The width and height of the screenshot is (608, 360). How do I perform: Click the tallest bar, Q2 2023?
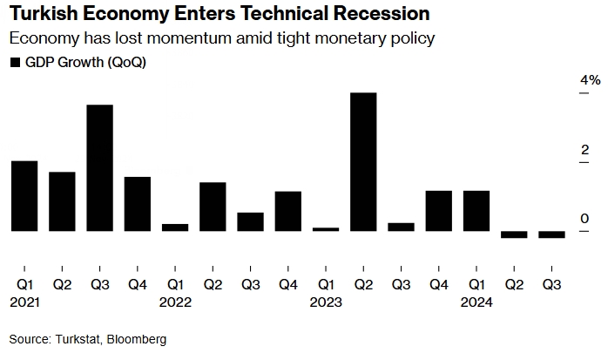click(363, 161)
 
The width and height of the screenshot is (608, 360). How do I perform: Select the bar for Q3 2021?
click(99, 167)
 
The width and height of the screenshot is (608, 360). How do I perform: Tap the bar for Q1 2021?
click(24, 196)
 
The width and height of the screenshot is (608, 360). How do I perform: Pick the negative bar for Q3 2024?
click(551, 234)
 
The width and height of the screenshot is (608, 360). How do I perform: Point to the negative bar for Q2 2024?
click(514, 234)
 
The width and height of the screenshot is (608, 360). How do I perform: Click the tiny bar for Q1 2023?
click(326, 229)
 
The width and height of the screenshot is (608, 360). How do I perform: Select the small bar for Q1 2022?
click(175, 228)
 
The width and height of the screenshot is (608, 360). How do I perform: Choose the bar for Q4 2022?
click(288, 211)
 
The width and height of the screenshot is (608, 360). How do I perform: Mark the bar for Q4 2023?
click(439, 211)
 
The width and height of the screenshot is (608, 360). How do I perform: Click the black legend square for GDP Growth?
click(15, 63)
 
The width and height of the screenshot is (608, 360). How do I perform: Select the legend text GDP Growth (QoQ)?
click(85, 63)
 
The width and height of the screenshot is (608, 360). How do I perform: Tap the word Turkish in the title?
click(42, 15)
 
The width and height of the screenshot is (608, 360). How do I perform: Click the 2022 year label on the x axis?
click(175, 302)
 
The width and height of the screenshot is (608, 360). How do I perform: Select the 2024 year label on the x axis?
click(476, 302)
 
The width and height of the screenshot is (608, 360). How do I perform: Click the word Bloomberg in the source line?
click(136, 339)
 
